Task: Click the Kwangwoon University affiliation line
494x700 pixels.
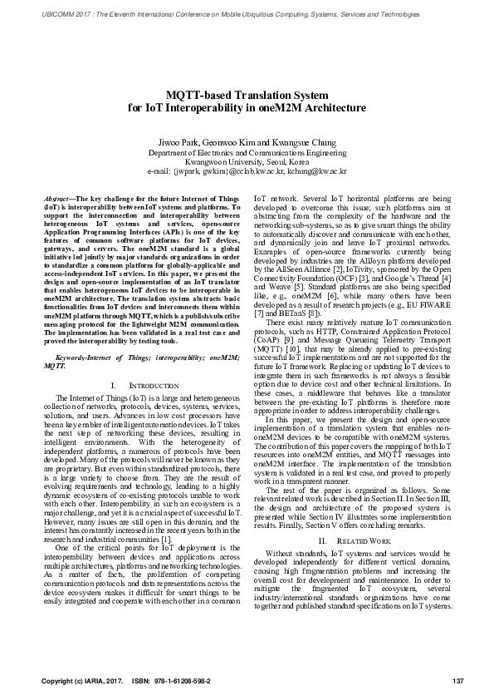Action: click(x=247, y=163)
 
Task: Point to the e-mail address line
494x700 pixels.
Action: click(x=247, y=172)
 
